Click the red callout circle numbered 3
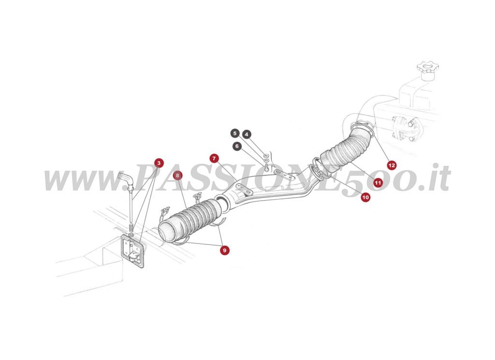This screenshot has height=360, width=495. pos(159,163)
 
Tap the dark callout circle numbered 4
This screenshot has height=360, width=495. pos(247,134)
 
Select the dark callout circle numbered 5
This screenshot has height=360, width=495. pos(234,133)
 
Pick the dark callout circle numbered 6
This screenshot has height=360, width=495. pos(237,146)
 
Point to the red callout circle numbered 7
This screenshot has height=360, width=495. pos(214,158)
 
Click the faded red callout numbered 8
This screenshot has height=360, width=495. pos(178,175)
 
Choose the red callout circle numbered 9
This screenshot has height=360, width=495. pos(224,250)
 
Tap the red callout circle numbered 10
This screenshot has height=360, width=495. pos(365,197)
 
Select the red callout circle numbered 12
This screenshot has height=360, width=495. pos(391,165)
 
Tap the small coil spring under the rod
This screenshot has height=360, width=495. pos(131,228)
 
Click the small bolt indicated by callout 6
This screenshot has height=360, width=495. pos(266,168)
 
